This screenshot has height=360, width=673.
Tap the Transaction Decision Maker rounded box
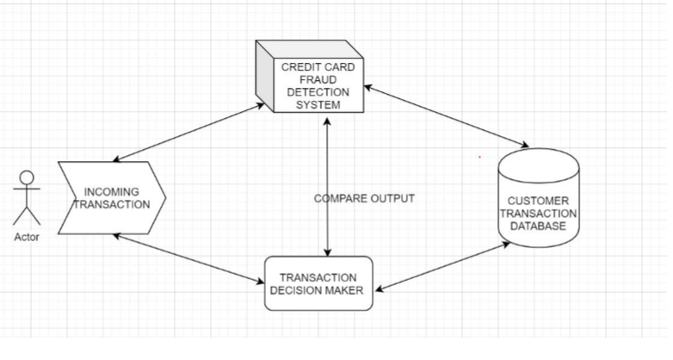[318, 283]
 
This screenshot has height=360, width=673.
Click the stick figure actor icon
[27, 200]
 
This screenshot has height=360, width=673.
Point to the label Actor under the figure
[27, 237]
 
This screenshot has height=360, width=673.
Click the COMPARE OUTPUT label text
[364, 198]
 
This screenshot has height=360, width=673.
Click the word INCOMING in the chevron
[112, 190]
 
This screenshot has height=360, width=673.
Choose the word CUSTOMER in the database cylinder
[538, 201]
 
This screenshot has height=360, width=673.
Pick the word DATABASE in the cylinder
[538, 227]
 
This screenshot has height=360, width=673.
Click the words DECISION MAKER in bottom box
[318, 290]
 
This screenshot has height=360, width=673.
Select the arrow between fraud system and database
[446, 116]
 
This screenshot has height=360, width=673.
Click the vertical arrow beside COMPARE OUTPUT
[326, 185]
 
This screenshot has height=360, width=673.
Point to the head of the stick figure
[27, 178]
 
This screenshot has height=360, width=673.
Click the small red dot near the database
[479, 157]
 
